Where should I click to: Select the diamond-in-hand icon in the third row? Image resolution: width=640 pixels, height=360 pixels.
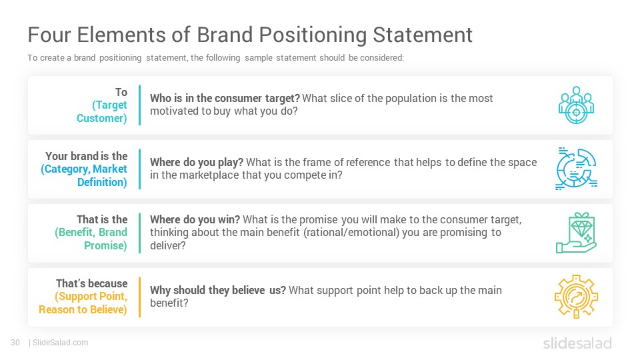click(x=575, y=233)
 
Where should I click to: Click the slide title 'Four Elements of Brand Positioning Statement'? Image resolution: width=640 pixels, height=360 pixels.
click(x=250, y=35)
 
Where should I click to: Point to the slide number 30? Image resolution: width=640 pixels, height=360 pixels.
click(x=15, y=343)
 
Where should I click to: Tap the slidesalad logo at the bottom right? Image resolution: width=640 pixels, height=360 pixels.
click(x=577, y=343)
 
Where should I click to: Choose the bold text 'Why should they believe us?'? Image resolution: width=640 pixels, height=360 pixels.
click(x=218, y=290)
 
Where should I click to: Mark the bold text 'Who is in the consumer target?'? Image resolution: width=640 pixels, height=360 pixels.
click(x=225, y=98)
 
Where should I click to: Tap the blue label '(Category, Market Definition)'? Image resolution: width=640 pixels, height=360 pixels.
click(x=85, y=176)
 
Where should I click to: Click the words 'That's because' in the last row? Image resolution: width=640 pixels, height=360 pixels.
click(x=92, y=283)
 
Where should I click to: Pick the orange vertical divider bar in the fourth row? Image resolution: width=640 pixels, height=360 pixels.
click(x=140, y=297)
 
